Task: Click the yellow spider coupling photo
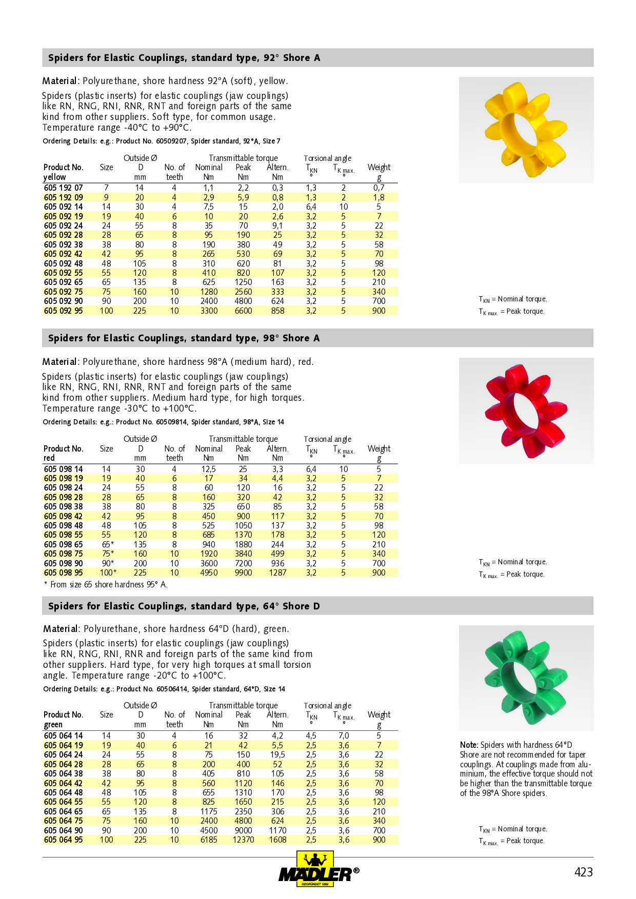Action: click(x=526, y=130)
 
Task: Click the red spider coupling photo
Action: click(x=526, y=411)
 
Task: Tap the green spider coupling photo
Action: click(x=526, y=678)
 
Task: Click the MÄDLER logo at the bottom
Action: click(x=318, y=869)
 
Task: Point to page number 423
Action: click(x=583, y=872)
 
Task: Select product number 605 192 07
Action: click(x=63, y=188)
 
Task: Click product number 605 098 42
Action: click(x=63, y=516)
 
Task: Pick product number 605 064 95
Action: click(x=63, y=840)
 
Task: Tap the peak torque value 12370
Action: click(x=243, y=840)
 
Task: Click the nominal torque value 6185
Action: click(x=209, y=840)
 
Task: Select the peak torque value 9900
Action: click(x=243, y=573)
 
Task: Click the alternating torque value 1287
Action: click(x=277, y=573)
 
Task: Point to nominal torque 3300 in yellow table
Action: click(x=209, y=311)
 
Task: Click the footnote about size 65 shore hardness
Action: click(x=106, y=584)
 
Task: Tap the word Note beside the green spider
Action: click(x=469, y=745)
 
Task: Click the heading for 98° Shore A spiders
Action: click(x=184, y=338)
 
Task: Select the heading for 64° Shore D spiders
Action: click(x=184, y=606)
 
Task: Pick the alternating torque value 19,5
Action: click(x=277, y=754)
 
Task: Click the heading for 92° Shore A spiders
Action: click(x=184, y=58)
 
